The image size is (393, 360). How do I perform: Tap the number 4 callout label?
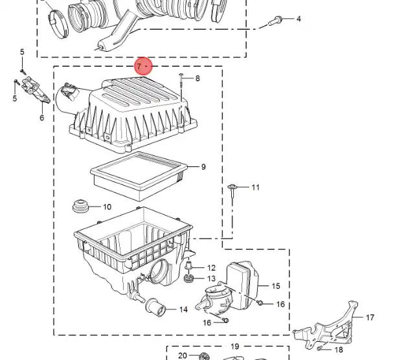point(298,19)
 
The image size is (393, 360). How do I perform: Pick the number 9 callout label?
point(203,167)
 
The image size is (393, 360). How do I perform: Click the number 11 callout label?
point(255,188)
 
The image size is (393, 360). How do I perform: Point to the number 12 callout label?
point(211,267)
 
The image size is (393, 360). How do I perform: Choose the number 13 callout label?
point(211,278)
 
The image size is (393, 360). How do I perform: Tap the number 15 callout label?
point(275,286)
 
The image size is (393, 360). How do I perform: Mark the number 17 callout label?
point(370,318)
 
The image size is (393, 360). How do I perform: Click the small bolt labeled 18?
point(321,348)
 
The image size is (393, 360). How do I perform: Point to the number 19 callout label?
point(234,346)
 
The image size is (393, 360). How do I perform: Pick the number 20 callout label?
point(183,355)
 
